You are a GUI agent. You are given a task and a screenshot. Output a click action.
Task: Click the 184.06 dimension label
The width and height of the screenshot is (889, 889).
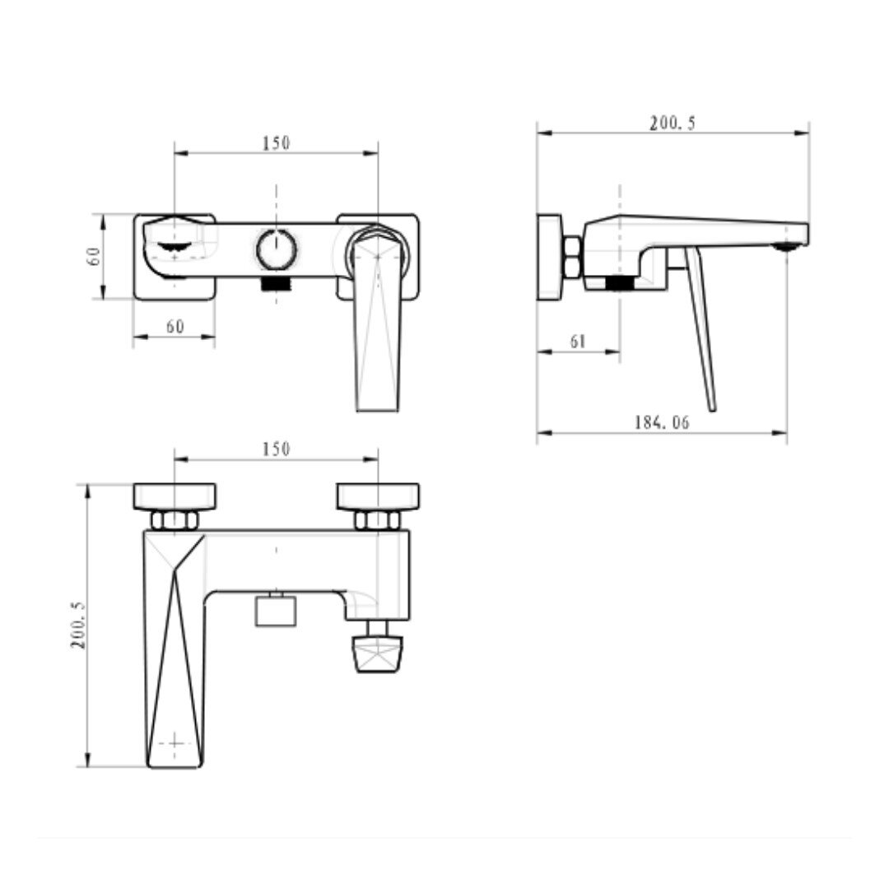click(662, 422)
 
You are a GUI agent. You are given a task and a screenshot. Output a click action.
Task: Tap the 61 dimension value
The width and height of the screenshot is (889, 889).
click(578, 342)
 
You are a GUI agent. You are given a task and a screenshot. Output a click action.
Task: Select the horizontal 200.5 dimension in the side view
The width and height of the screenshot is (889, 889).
click(673, 123)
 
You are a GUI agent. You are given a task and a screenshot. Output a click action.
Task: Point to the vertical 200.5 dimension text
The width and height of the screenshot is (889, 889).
click(78, 626)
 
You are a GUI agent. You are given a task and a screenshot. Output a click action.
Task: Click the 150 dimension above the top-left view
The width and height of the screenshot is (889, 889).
click(276, 143)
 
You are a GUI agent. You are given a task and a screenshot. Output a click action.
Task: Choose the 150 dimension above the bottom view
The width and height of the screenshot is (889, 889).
click(276, 449)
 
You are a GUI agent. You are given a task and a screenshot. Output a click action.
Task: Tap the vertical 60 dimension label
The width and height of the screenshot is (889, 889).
click(94, 256)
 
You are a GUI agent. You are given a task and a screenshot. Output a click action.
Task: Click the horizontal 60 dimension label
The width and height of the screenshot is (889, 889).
click(175, 327)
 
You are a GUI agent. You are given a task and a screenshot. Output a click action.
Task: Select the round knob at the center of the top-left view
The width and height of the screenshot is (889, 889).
click(276, 249)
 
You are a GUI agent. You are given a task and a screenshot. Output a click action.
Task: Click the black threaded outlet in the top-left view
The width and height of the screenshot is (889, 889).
click(276, 283)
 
